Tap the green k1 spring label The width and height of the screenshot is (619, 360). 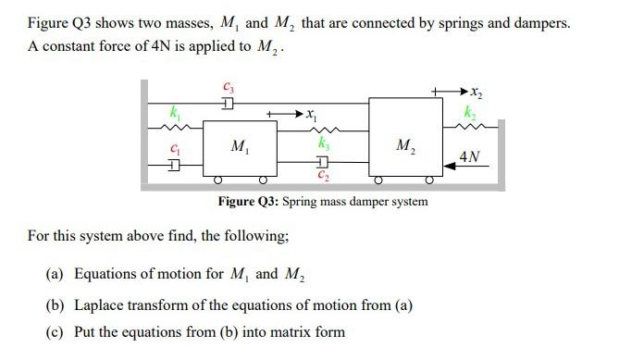coord(172,113)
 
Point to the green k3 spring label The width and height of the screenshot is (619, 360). coord(322,146)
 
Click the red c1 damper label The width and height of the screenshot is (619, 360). coord(171,148)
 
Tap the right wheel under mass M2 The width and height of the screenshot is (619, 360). coord(430,179)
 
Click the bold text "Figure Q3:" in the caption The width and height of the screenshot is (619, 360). coord(249,202)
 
